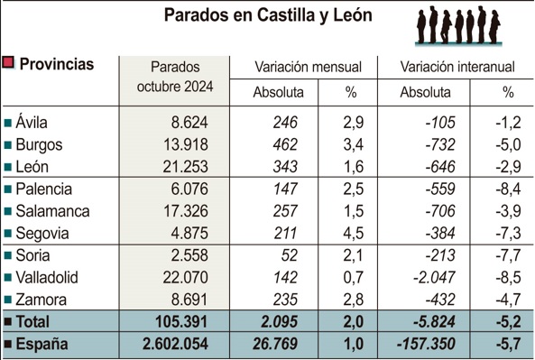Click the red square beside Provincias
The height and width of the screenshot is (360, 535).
(x=9, y=63)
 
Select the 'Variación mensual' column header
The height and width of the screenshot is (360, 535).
(x=308, y=67)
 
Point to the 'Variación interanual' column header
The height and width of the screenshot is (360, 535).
(x=457, y=67)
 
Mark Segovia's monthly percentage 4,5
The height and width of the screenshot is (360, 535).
(x=355, y=232)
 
